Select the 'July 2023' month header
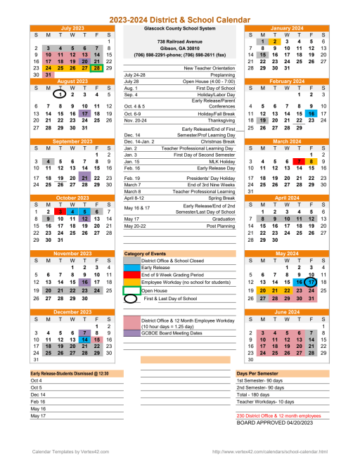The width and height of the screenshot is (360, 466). point(72,28)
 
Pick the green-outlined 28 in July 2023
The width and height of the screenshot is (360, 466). point(96,68)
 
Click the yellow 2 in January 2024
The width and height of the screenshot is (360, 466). point(276,41)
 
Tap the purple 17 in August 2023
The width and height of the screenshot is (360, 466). point(84,113)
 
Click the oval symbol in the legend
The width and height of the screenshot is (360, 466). point(131,298)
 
